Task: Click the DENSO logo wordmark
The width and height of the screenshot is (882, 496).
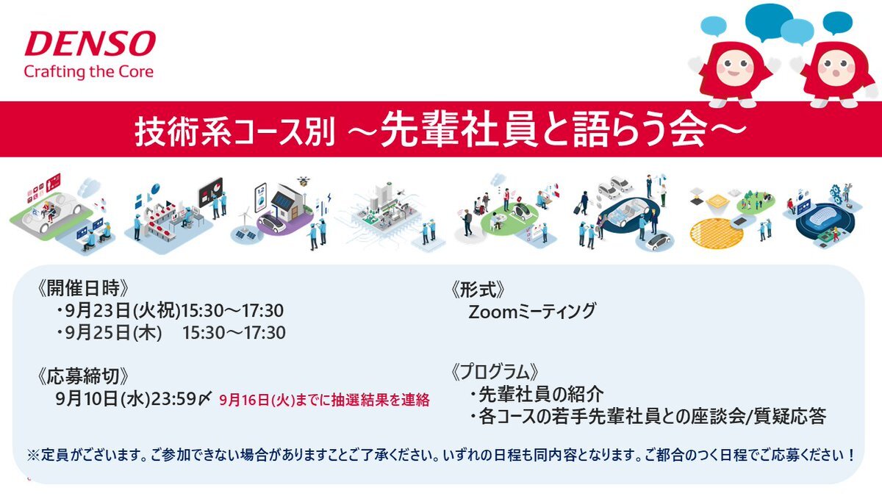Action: pyautogui.click(x=90, y=43)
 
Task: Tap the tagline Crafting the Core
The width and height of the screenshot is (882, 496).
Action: pyautogui.click(x=89, y=72)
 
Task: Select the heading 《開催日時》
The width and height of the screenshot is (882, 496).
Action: pyautogui.click(x=82, y=289)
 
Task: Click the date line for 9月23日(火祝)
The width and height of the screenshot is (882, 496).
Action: pyautogui.click(x=170, y=311)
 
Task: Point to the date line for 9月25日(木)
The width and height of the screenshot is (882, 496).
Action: pyautogui.click(x=171, y=333)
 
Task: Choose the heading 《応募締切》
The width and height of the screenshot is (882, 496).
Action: pyautogui.click(x=82, y=376)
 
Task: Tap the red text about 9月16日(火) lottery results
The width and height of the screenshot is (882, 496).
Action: pyautogui.click(x=324, y=400)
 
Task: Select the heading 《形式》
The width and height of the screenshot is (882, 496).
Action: pyautogui.click(x=478, y=290)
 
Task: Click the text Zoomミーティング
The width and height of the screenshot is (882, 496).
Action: pyautogui.click(x=532, y=311)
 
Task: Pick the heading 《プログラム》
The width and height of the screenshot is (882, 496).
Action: pyautogui.click(x=495, y=372)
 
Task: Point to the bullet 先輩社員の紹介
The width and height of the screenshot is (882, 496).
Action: pyautogui.click(x=537, y=395)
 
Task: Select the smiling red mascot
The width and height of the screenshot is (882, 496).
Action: pyautogui.click(x=734, y=72)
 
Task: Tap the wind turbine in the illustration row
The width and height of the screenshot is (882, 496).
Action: pyautogui.click(x=245, y=218)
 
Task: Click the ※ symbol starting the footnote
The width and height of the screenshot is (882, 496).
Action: pyautogui.click(x=32, y=456)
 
